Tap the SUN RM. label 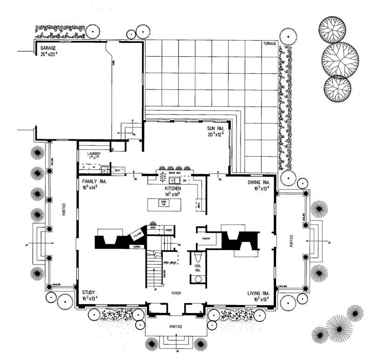coord(216,128)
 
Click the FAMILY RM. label coord(95,182)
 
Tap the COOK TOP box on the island coord(163,203)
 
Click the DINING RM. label coord(260,182)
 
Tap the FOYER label coord(176,293)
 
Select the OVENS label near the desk coord(169,229)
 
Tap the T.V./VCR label coord(138,236)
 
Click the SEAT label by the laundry coord(117,170)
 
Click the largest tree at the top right coord(340,58)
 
